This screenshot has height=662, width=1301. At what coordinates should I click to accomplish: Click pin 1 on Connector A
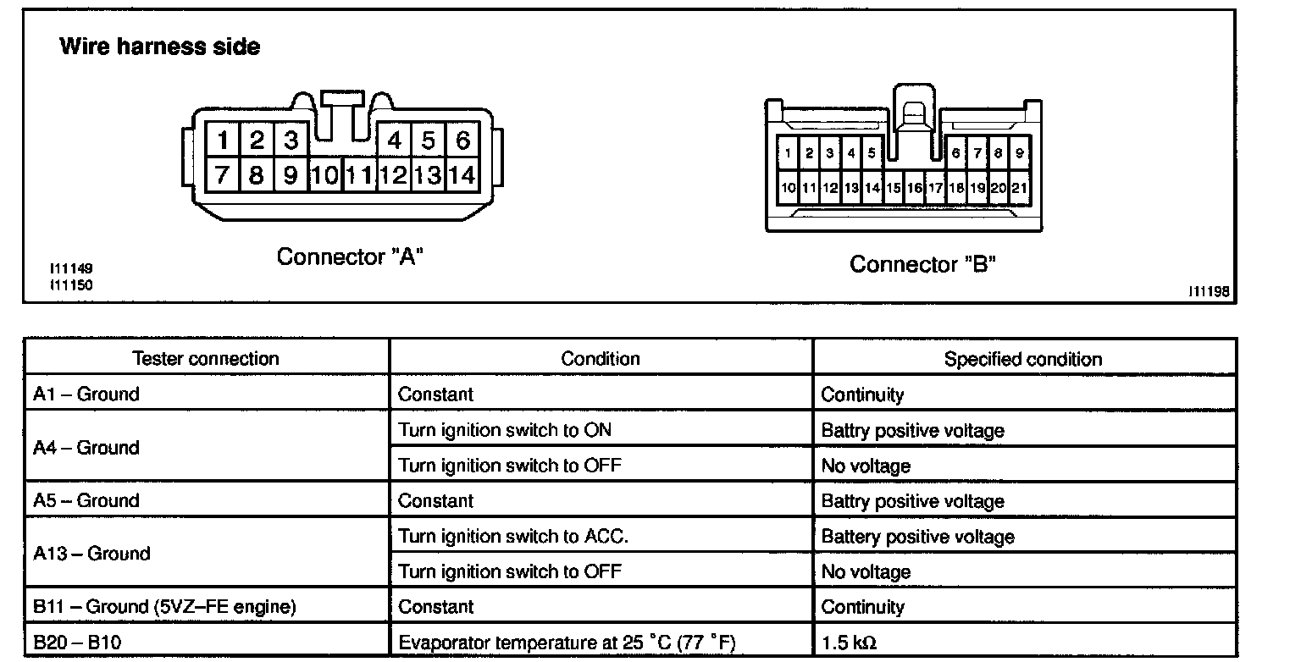tap(223, 140)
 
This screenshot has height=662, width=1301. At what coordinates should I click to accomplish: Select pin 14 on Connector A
tap(462, 174)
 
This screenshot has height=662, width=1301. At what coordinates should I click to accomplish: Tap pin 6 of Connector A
tap(462, 140)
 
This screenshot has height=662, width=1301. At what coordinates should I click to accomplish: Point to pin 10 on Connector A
tap(325, 174)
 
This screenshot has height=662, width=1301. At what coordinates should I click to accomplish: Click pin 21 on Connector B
tap(1019, 187)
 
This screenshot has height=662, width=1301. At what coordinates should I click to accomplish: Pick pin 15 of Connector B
tap(894, 187)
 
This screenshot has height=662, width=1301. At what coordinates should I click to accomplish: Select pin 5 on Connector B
tap(872, 152)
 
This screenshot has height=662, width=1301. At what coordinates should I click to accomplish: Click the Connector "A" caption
tap(350, 257)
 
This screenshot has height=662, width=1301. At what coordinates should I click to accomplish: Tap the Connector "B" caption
tap(922, 263)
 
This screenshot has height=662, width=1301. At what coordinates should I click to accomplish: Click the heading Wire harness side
tap(160, 46)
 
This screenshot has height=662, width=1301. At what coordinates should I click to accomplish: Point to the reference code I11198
tap(1209, 291)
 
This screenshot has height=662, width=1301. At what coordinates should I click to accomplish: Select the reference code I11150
tap(71, 284)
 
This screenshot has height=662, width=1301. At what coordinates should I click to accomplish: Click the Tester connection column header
tap(206, 358)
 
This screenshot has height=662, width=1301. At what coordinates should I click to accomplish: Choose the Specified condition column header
tap(1023, 359)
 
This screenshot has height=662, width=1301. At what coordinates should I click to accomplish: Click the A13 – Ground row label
tap(91, 553)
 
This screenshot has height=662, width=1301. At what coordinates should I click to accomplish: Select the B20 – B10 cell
tap(77, 642)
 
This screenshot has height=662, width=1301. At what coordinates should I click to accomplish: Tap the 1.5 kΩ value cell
tap(849, 643)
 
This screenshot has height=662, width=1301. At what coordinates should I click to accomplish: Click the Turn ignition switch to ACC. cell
tap(512, 536)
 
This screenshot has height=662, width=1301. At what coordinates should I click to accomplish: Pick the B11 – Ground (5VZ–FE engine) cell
tap(164, 606)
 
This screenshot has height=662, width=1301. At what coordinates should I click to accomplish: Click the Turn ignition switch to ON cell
tap(504, 430)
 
